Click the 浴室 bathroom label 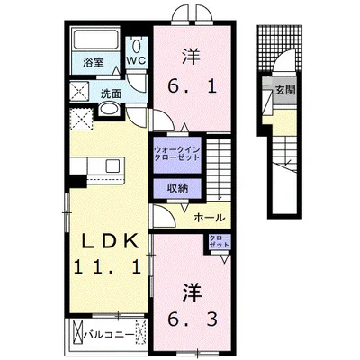click(94, 62)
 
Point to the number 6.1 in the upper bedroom click(190, 88)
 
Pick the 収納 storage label click(176, 187)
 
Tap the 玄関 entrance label click(284, 89)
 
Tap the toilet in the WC click(137, 43)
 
